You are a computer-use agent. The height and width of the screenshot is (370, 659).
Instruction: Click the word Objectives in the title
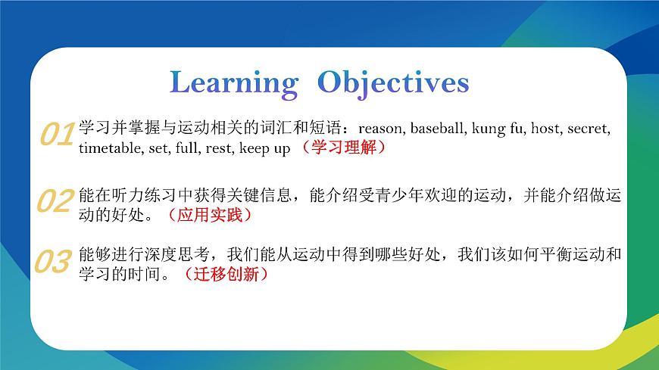coord(393,82)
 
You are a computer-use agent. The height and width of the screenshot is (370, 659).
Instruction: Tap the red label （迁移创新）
coord(226,275)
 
